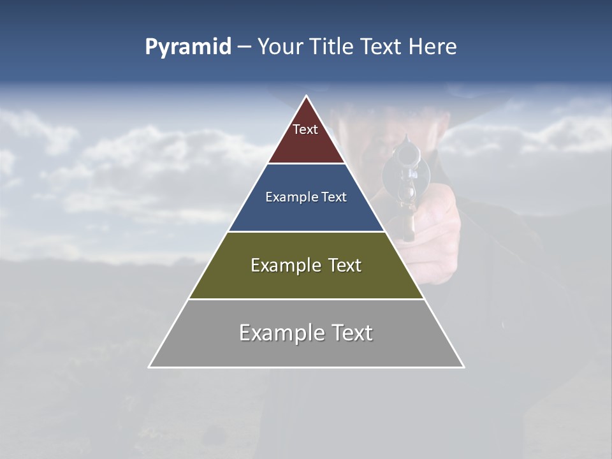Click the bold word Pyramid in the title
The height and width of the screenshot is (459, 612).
pos(188,47)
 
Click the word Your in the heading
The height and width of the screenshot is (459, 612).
pos(279,47)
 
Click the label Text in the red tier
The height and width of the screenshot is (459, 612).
pos(305,129)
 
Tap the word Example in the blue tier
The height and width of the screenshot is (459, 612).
pos(289,197)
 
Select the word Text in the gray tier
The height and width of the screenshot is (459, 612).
pos(351,333)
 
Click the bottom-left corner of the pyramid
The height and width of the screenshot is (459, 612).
pos(150,367)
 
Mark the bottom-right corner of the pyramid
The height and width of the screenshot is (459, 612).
pos(463,367)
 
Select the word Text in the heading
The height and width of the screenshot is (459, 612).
pos(383,47)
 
